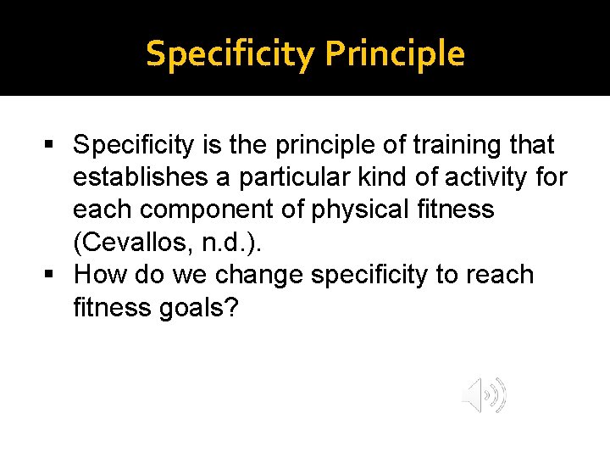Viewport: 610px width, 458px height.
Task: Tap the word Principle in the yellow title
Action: (x=394, y=53)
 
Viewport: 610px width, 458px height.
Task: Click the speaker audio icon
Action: (x=484, y=395)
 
